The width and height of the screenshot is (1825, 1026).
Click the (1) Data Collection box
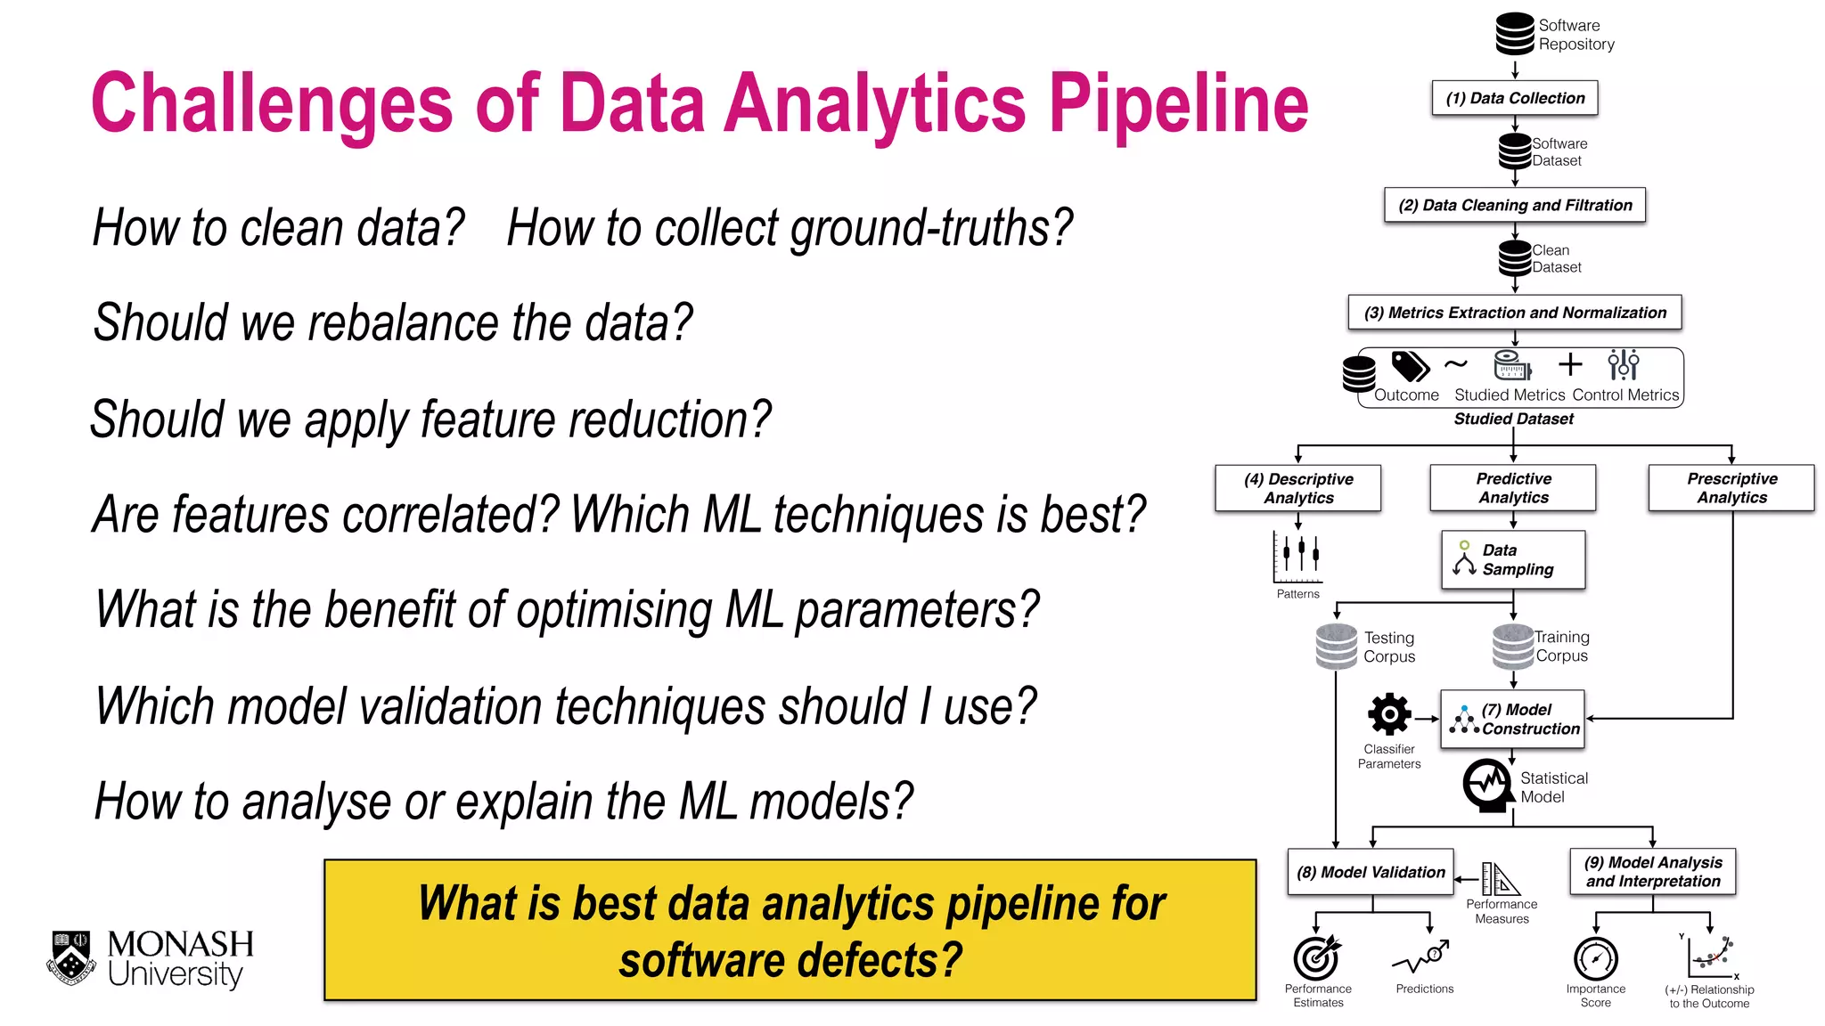(1515, 98)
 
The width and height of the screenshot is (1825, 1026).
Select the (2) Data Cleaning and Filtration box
(1515, 205)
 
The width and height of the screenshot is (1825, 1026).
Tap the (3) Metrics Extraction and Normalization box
(1515, 313)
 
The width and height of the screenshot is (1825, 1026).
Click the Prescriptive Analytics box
(1731, 488)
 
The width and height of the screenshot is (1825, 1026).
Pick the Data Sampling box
(1513, 560)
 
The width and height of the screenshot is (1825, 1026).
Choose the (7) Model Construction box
(1513, 719)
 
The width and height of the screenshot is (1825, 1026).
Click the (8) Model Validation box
(1371, 872)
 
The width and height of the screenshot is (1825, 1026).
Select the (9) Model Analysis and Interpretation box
(1653, 872)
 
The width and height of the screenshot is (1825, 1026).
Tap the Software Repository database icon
(1514, 34)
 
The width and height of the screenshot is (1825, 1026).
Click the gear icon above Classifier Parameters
(1389, 715)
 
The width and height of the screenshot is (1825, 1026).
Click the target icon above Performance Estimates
(1316, 957)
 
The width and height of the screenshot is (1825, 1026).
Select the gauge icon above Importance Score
(1595, 959)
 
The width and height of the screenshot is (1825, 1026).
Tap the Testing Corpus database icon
(1336, 647)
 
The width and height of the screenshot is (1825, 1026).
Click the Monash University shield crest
(71, 958)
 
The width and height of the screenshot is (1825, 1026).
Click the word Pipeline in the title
(1178, 105)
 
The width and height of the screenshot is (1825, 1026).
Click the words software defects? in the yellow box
(790, 961)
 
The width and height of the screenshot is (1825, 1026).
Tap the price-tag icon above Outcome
(1410, 366)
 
